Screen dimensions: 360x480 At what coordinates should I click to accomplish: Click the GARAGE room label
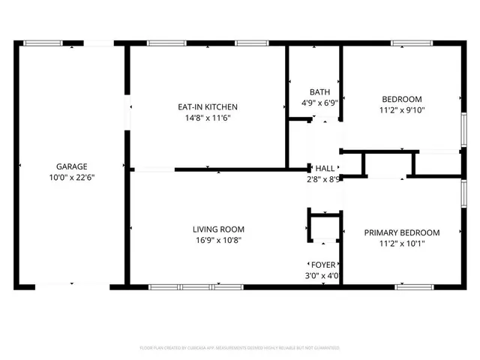(71, 166)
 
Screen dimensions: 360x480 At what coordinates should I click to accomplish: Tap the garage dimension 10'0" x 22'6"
(71, 178)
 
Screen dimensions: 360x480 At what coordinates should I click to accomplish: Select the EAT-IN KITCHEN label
(196, 106)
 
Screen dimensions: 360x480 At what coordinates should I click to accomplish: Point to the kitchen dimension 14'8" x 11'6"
(196, 118)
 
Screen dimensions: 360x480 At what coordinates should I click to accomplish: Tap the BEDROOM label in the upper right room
(402, 99)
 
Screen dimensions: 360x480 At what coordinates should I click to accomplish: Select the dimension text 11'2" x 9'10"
(402, 110)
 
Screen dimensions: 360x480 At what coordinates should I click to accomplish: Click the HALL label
(325, 169)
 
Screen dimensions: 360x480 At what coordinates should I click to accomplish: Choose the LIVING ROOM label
(218, 229)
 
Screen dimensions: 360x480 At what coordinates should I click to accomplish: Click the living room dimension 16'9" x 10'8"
(218, 241)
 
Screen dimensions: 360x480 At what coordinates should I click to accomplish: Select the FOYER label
(324, 265)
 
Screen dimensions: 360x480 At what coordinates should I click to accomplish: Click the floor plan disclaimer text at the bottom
(240, 348)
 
